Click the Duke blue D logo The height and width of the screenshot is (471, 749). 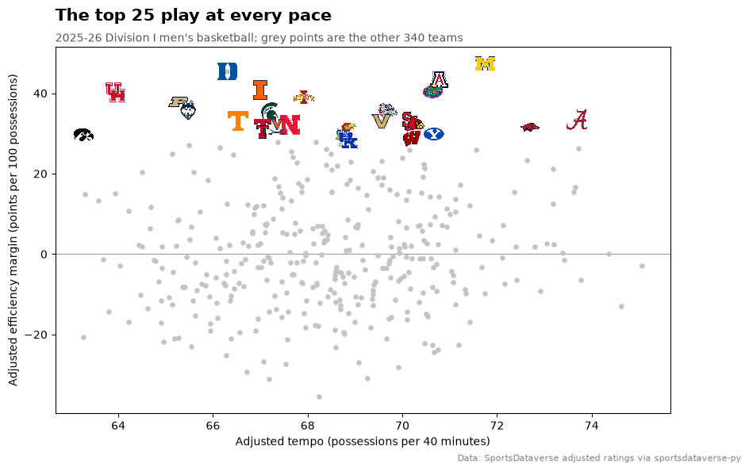coord(228,71)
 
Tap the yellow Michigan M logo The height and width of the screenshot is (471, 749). coord(485,63)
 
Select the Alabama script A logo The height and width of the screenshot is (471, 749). coord(577,120)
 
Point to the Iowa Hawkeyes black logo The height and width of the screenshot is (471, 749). coord(83,135)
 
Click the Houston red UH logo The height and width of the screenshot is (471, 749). coord(115,92)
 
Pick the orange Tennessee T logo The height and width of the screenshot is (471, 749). coord(237,121)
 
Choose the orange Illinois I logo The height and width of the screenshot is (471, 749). coord(260,90)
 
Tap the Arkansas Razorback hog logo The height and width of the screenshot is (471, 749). coord(530,127)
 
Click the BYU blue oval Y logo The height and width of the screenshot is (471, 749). coord(434,134)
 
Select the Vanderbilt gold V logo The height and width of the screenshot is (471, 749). coord(381,121)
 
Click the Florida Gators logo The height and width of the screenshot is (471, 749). coord(432,92)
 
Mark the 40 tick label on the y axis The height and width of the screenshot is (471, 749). coord(40,94)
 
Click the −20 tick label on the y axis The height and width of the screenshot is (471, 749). coord(36,335)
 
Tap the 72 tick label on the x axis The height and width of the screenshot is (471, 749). coord(497,426)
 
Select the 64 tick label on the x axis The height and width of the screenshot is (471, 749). coord(118,426)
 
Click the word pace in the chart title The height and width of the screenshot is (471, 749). coord(309,16)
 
